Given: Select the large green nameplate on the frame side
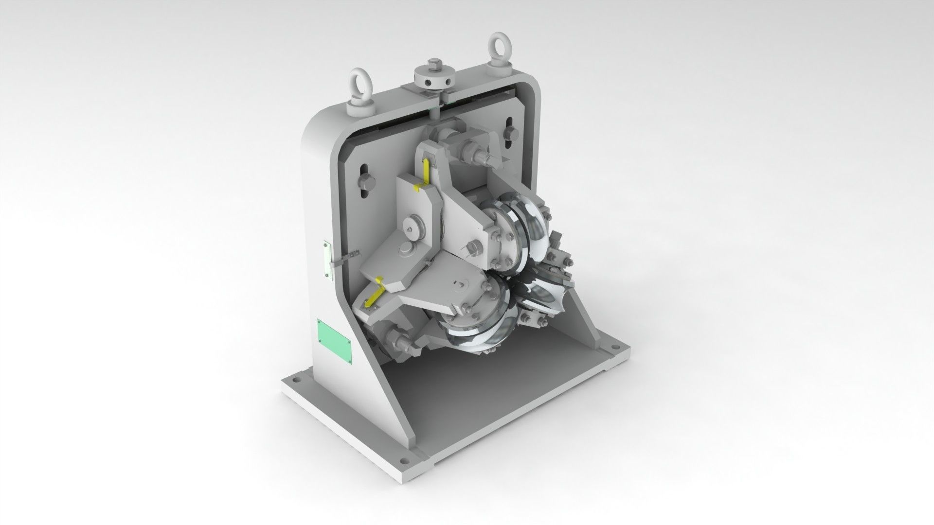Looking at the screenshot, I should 334,340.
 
